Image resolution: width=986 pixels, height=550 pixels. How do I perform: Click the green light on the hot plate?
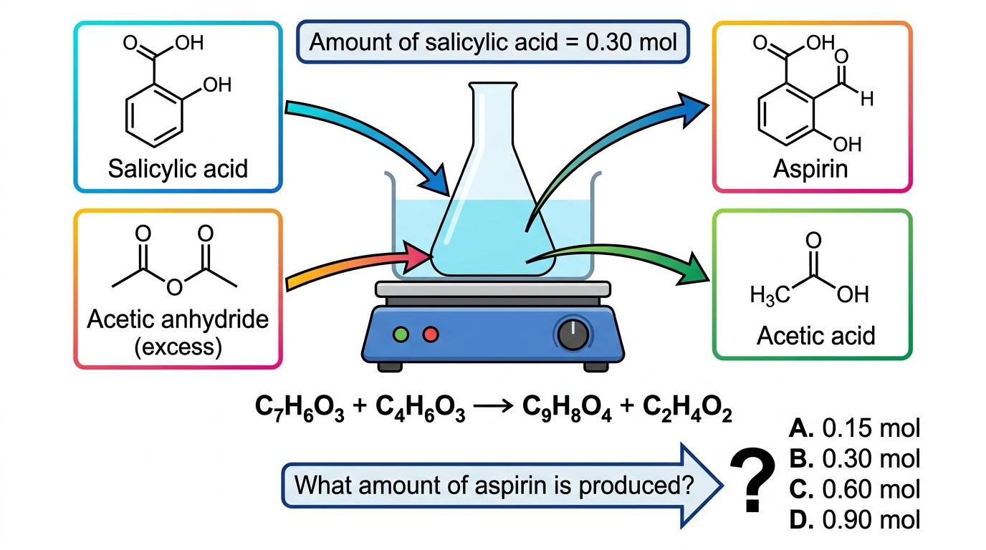click(401, 334)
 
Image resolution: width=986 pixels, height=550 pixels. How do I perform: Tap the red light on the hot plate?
click(431, 334)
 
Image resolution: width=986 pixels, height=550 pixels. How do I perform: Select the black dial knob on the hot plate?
click(573, 334)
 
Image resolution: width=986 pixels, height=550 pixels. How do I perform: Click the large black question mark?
click(752, 480)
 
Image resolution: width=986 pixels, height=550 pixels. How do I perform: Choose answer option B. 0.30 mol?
click(854, 458)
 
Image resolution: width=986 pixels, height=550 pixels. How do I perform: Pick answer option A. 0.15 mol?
click(854, 428)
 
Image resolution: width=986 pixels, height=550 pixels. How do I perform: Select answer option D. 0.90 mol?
click(854, 520)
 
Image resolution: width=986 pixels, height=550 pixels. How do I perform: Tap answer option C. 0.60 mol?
click(854, 489)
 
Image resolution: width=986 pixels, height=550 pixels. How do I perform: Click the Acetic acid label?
click(815, 336)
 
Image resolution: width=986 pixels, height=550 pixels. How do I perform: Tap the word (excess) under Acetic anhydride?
click(178, 347)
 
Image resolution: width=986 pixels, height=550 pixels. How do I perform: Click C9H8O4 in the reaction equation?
click(567, 408)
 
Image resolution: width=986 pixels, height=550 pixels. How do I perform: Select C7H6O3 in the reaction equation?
click(300, 408)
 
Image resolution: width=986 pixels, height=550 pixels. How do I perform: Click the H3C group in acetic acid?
click(770, 295)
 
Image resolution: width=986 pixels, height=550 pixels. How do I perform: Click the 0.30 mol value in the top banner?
click(631, 42)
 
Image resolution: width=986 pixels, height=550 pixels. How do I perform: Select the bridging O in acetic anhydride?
click(174, 287)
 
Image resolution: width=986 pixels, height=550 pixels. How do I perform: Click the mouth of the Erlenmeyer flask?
click(492, 84)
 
